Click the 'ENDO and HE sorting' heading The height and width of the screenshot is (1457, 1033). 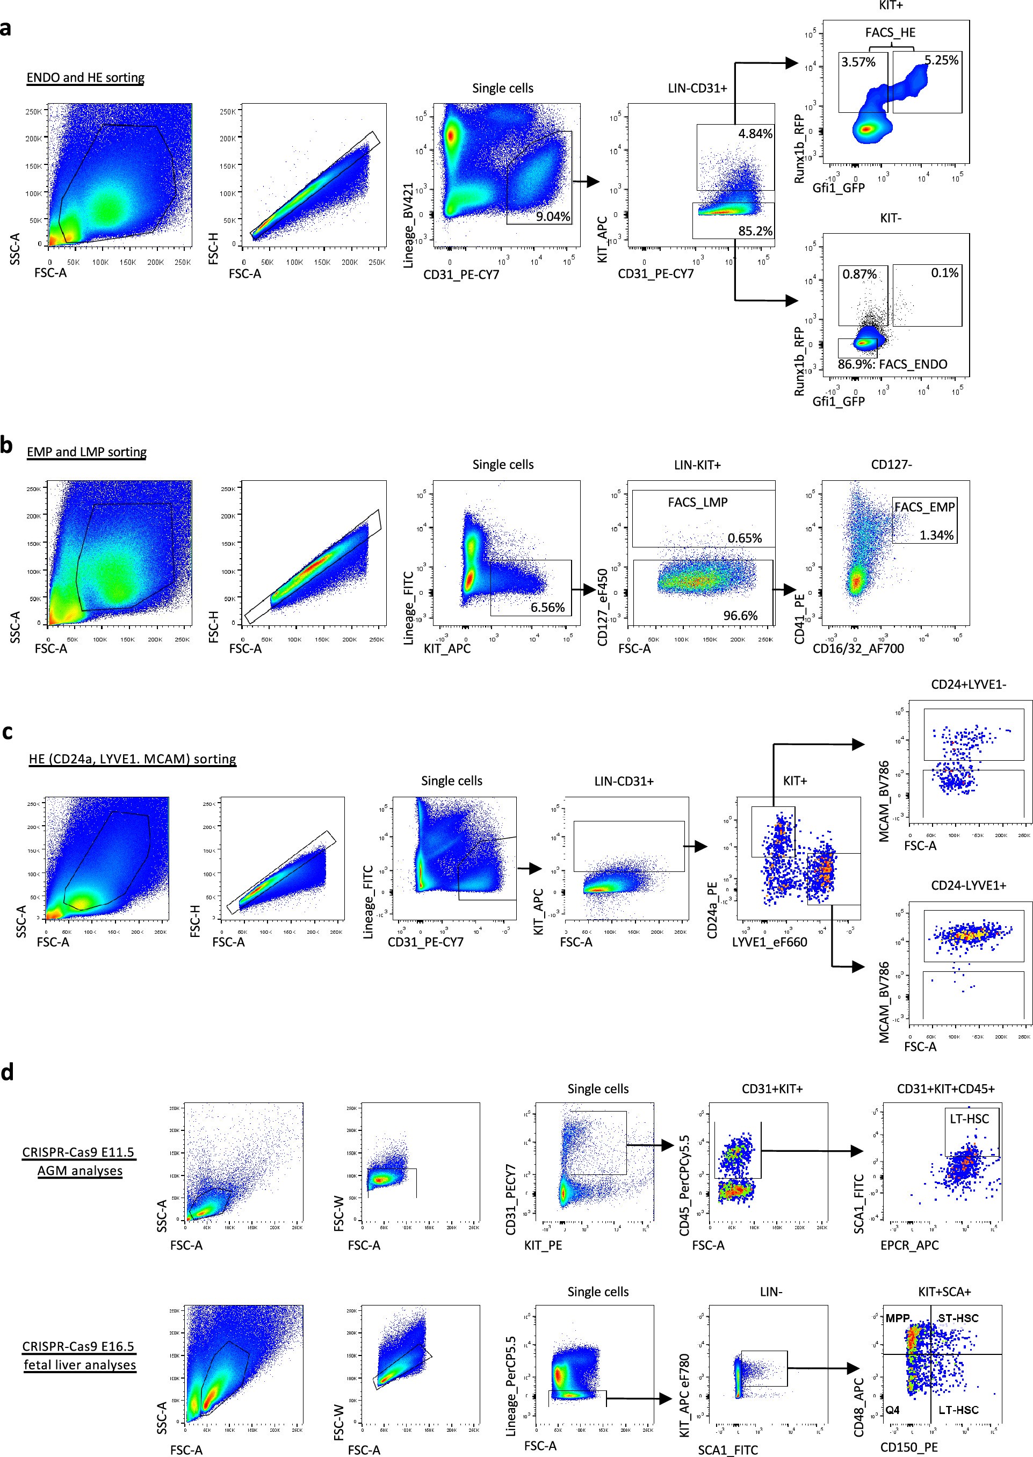(x=85, y=77)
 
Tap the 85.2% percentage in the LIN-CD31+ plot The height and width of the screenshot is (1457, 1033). (x=755, y=231)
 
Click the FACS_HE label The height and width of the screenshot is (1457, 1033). (x=890, y=32)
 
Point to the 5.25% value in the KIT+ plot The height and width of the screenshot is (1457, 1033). (x=941, y=60)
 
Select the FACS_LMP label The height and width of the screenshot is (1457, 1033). (x=697, y=502)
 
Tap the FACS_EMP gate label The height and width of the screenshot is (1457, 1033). (x=924, y=507)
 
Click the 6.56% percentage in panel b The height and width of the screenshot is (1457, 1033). (x=547, y=607)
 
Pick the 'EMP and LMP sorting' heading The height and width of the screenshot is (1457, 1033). (x=86, y=452)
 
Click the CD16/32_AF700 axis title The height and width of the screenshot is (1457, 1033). (x=858, y=648)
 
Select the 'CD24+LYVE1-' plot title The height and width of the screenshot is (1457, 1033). (x=968, y=685)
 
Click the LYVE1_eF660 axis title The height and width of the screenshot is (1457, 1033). (x=769, y=942)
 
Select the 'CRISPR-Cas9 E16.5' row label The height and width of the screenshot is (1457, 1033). (x=79, y=1346)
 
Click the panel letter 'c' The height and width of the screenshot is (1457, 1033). (x=7, y=732)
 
